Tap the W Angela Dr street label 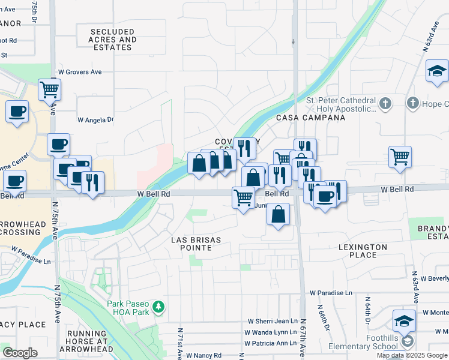95,120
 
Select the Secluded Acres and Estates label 113,40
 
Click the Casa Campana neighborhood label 310,118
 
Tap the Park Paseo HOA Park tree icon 158,308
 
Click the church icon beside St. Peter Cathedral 385,104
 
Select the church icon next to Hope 413,104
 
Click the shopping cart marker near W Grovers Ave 49,89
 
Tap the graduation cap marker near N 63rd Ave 438,71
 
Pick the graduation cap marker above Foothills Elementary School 405,320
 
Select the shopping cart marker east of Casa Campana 400,157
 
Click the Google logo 20,353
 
